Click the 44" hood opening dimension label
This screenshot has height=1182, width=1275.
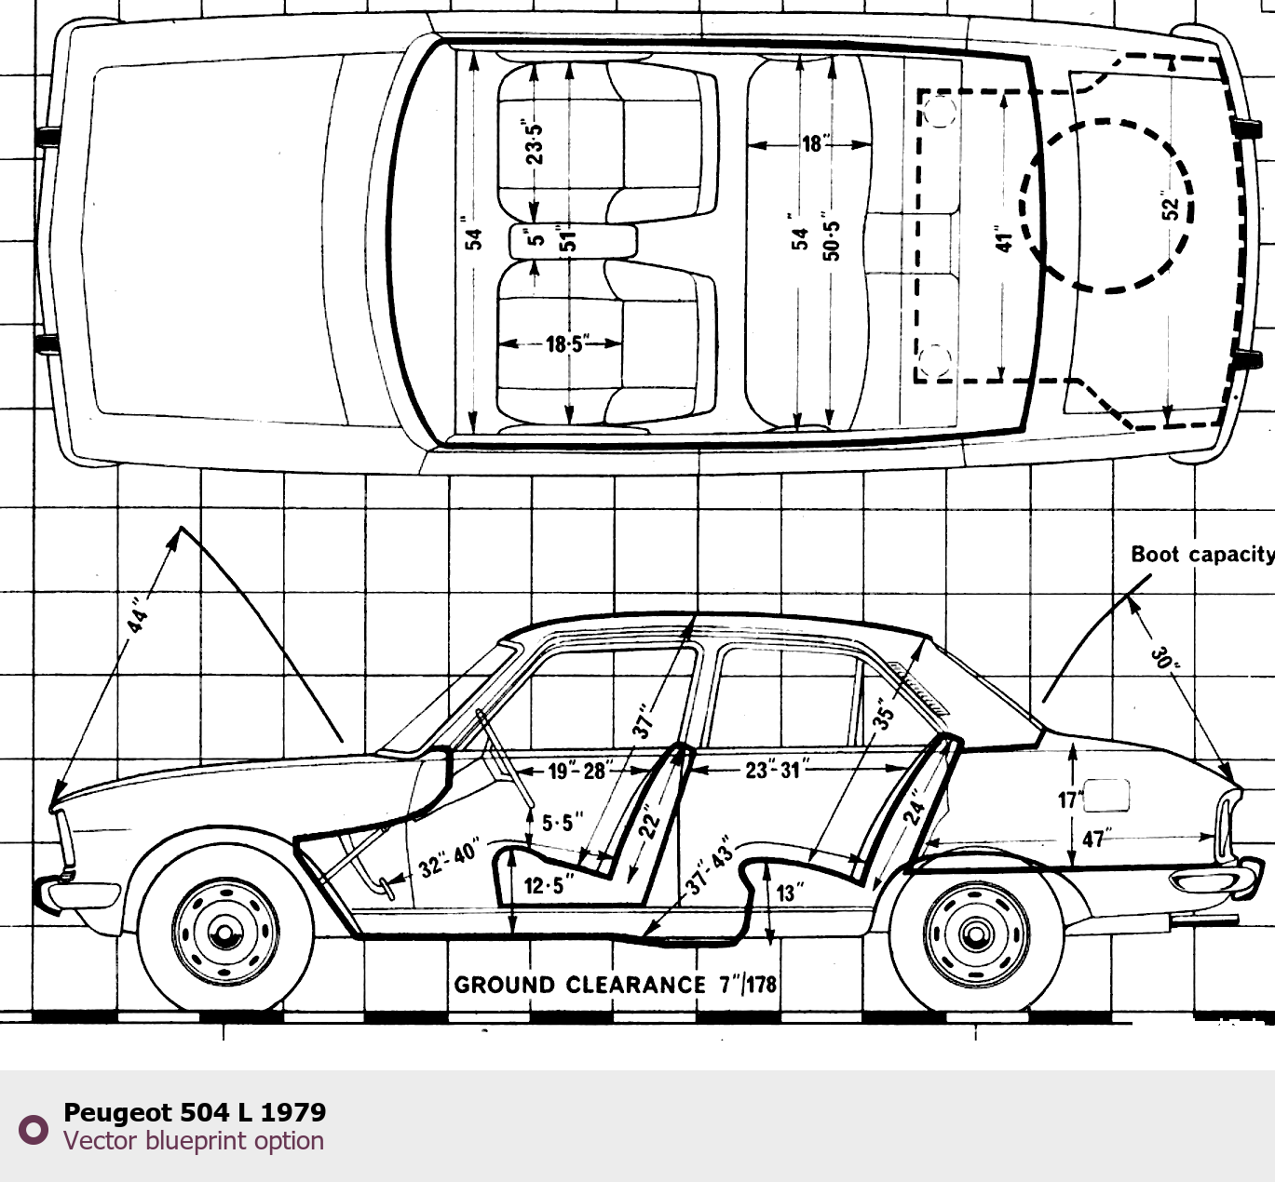[138, 616]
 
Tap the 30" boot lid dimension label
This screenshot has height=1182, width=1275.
[1165, 658]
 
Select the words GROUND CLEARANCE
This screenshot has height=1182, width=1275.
[579, 985]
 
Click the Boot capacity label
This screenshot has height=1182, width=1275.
[1201, 555]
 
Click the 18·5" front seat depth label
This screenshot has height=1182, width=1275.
[564, 344]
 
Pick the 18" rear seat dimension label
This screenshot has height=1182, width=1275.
[813, 144]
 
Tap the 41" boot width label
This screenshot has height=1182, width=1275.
[1003, 239]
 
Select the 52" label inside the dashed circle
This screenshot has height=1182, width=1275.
[1171, 207]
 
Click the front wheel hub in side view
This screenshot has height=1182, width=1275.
[224, 932]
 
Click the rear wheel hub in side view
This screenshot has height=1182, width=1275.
[976, 932]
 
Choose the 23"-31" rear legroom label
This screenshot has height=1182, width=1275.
[773, 770]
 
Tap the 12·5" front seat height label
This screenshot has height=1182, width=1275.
[545, 885]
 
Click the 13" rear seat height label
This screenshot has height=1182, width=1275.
[788, 893]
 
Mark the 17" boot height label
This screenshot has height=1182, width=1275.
[1067, 799]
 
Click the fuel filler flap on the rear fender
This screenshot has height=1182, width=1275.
[1106, 794]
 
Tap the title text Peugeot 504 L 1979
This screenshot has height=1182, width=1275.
[195, 1112]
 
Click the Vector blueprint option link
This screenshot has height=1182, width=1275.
[194, 1141]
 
